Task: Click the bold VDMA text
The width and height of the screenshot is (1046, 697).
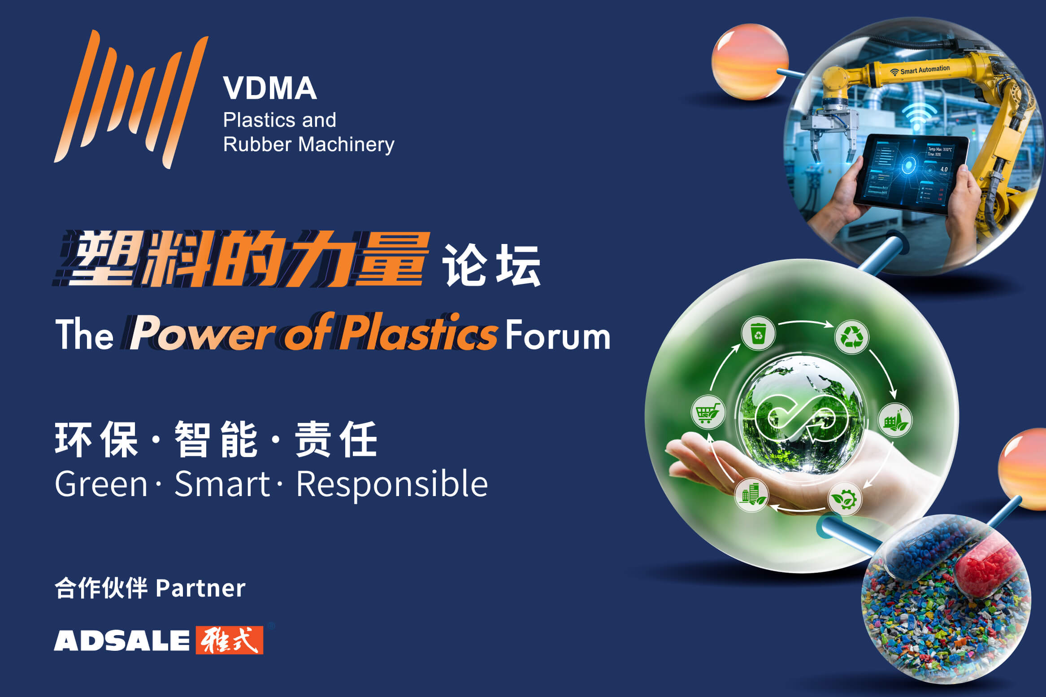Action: pos(270,88)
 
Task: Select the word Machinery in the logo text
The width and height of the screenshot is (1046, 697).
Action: pos(346,144)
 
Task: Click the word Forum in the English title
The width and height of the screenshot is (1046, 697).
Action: pos(558,335)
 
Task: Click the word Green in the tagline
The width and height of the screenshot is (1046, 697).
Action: pos(101,484)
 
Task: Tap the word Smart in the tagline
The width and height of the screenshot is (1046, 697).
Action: pos(222,484)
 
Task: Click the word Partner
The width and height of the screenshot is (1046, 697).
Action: pos(201,588)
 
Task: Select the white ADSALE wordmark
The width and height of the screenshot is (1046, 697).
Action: pos(122,640)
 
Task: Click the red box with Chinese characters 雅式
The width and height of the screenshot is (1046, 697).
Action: pos(230,640)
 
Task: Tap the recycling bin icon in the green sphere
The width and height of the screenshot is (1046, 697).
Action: pos(758,333)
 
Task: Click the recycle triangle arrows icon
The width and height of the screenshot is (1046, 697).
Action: pos(851,337)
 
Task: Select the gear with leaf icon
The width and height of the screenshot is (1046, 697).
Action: pos(844,498)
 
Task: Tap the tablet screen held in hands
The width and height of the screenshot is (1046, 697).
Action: pos(911,173)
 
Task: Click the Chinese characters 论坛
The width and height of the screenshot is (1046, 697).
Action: pos(491,266)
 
